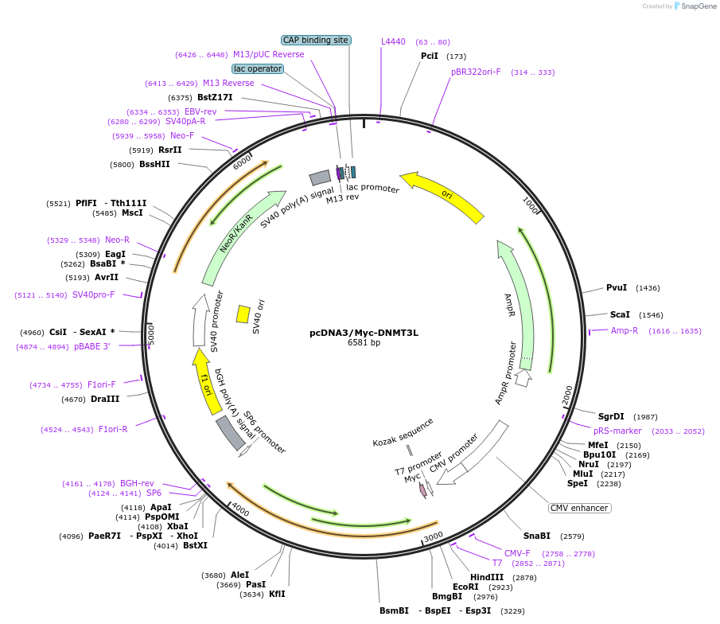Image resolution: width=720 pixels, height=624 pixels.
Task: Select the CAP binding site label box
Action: point(316,40)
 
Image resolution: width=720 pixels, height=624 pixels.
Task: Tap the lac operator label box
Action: point(257,68)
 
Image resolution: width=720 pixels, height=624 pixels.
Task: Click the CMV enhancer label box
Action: point(579,508)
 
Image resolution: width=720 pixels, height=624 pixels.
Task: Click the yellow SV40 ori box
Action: point(243,314)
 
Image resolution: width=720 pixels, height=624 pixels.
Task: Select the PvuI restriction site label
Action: point(617,287)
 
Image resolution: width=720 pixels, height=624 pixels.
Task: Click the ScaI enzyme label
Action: point(620,314)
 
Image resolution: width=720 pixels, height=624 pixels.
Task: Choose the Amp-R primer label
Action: point(625,330)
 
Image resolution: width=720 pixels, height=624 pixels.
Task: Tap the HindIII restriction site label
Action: point(486,577)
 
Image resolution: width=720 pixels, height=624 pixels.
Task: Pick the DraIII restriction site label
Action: point(105,399)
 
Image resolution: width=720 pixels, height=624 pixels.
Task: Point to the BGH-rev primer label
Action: point(137,483)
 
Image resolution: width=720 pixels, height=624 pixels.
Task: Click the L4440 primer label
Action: point(393,41)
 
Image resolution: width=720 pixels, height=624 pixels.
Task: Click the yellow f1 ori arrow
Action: point(207,380)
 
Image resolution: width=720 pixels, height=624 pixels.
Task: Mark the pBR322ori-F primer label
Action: point(476,72)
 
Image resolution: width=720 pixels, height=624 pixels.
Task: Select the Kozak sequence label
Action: point(403,432)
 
